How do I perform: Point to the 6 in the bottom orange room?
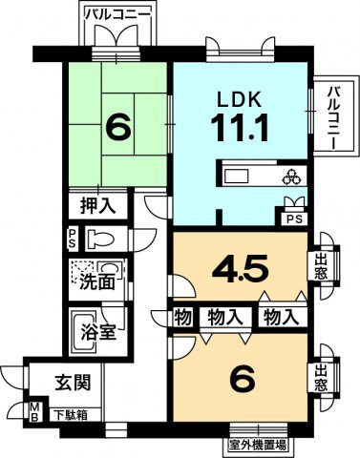[244, 380]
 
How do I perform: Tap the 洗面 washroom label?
[98, 282]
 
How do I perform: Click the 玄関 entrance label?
[72, 385]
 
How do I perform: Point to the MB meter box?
[33, 413]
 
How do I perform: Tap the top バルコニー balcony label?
[115, 13]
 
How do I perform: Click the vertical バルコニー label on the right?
[333, 115]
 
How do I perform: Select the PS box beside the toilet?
[73, 238]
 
